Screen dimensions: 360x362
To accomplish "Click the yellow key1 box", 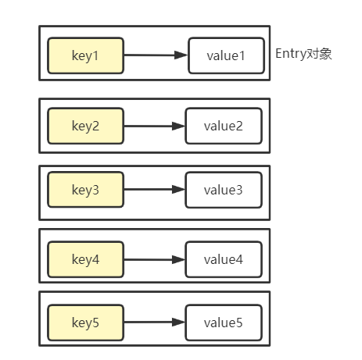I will [x=85, y=55].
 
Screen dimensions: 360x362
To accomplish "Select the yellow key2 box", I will [x=85, y=126].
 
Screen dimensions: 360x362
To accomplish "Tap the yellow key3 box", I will [x=85, y=190].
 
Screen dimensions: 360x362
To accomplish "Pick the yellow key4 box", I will [x=85, y=258].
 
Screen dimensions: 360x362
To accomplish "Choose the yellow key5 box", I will [x=85, y=321].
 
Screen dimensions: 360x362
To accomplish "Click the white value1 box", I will [x=225, y=55].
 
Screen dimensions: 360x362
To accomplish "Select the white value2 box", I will [x=223, y=126].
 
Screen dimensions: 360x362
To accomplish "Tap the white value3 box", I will [x=223, y=190].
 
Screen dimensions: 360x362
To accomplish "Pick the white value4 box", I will [x=223, y=258].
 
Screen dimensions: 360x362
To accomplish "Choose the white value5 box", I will [x=223, y=321].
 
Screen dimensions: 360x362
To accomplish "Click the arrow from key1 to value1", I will [x=156, y=55].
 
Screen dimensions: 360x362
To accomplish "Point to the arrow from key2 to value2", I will [x=154, y=126].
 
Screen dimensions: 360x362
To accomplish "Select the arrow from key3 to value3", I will [x=154, y=190].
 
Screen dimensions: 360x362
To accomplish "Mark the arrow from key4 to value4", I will [x=154, y=258].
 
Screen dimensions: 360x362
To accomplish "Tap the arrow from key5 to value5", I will [x=154, y=321].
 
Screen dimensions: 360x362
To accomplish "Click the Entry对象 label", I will [x=304, y=54].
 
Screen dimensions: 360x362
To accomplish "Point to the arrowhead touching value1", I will [x=181, y=55].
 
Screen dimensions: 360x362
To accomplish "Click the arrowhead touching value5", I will [x=179, y=321].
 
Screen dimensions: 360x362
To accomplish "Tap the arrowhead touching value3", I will [x=179, y=190].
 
